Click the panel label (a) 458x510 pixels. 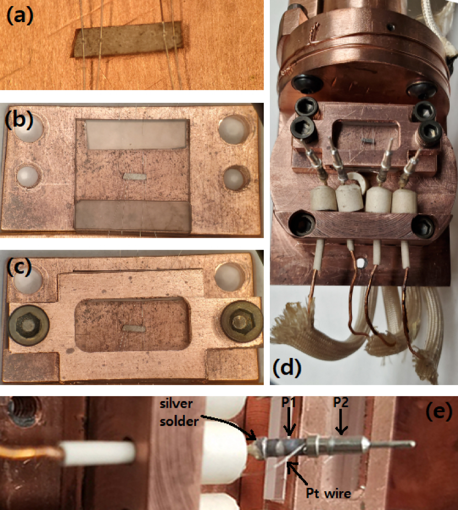(20, 16)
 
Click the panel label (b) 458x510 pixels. (19, 119)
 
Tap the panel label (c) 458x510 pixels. (19, 267)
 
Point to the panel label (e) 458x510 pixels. (439, 412)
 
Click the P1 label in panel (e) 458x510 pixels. (289, 403)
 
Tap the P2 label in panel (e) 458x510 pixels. (340, 403)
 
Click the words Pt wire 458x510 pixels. (329, 493)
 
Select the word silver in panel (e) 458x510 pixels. (177, 404)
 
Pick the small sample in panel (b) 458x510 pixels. (135, 177)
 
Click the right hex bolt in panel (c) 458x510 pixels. (241, 321)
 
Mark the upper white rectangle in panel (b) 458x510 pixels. (136, 134)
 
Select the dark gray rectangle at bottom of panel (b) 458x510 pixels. (132, 215)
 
